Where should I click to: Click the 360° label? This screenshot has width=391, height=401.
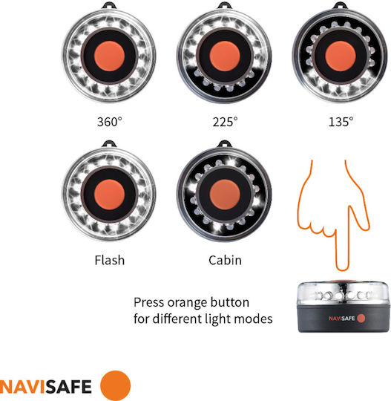(109, 122)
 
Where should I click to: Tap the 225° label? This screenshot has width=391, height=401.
(225, 122)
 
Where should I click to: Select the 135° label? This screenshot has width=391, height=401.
(341, 122)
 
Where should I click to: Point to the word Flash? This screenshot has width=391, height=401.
(110, 261)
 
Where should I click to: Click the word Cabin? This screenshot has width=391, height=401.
(225, 261)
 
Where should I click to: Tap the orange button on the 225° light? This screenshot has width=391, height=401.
(225, 56)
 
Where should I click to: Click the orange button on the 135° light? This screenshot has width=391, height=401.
(341, 56)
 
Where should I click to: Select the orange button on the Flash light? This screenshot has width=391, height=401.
(109, 195)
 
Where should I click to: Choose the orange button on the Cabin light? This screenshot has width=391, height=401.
(225, 195)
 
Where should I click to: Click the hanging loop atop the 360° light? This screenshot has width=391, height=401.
(109, 6)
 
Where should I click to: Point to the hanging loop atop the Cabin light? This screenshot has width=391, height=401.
(224, 144)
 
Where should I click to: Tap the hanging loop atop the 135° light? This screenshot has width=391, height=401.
(340, 6)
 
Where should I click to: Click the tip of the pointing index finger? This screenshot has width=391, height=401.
(342, 270)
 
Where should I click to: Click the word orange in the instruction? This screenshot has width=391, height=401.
(184, 303)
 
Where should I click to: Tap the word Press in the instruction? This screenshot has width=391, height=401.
(149, 302)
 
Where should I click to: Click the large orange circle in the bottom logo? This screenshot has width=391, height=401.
(115, 385)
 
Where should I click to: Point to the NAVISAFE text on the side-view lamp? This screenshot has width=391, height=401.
(342, 319)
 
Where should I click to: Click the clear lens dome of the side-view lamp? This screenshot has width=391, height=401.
(344, 293)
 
